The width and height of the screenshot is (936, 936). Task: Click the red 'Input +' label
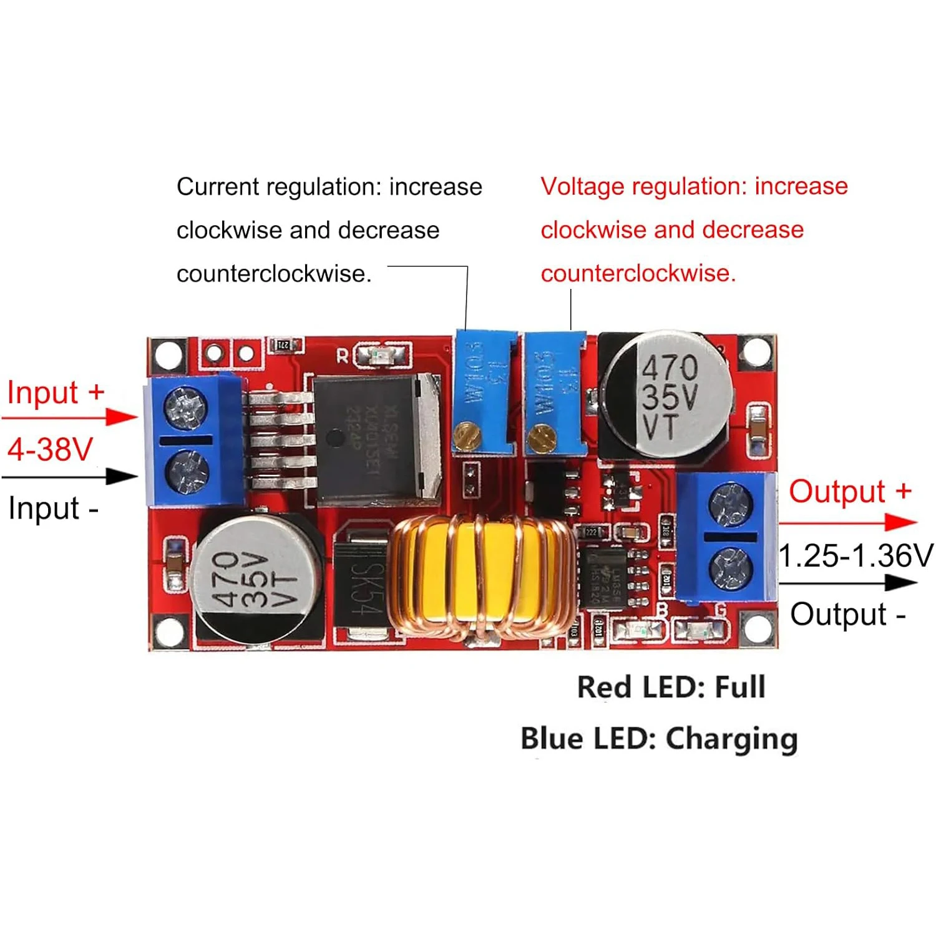pyautogui.click(x=55, y=393)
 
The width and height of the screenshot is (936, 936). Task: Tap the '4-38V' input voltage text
pyautogui.click(x=50, y=449)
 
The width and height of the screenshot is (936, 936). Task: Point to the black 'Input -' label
pyautogui.click(x=54, y=508)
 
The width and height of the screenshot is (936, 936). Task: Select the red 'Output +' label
pyautogui.click(x=849, y=492)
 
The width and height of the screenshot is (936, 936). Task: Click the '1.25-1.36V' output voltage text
pyautogui.click(x=856, y=555)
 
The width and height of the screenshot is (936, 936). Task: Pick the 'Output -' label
pyautogui.click(x=847, y=614)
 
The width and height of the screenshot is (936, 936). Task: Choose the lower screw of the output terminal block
pyautogui.click(x=731, y=568)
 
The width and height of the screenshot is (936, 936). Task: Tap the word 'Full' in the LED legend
pyautogui.click(x=739, y=687)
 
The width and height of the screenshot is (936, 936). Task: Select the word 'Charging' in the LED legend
pyautogui.click(x=731, y=739)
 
